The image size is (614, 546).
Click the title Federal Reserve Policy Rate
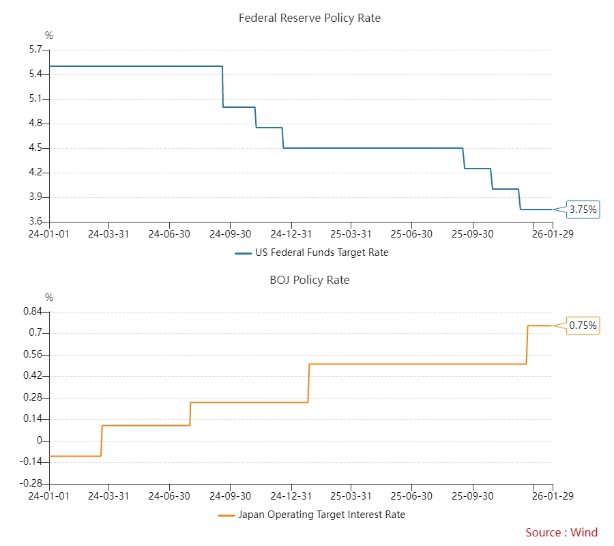[x=309, y=18]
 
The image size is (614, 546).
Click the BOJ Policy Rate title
[x=309, y=281]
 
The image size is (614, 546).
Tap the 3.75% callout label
[x=583, y=210]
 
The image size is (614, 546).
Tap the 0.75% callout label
[x=583, y=326]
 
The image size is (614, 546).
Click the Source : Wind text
[x=561, y=532]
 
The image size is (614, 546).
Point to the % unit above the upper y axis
[x=49, y=35]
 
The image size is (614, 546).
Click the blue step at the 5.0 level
[x=239, y=107]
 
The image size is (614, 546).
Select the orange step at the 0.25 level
[x=249, y=403]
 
